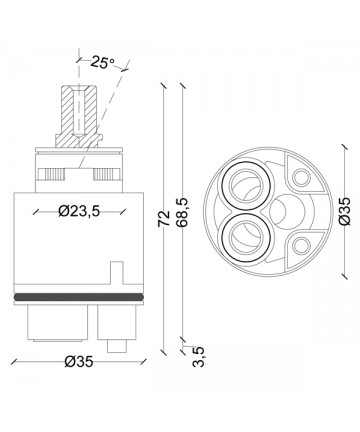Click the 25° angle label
point(103,62)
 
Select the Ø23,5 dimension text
point(79,211)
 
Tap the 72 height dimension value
point(164,219)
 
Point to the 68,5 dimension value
point(182,212)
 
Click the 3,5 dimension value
point(198,357)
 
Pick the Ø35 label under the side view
point(79,362)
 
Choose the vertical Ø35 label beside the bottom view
point(344,211)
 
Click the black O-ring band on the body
point(79,297)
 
